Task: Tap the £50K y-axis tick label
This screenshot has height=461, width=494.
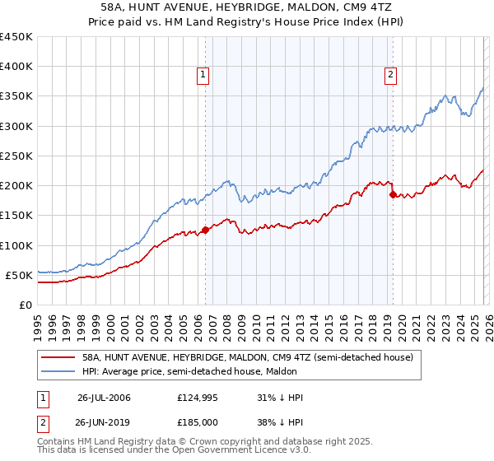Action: (x=19, y=275)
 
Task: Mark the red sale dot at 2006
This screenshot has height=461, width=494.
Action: (x=205, y=230)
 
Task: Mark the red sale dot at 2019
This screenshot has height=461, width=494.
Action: (x=393, y=194)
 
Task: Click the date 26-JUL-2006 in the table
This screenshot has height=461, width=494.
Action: (x=104, y=398)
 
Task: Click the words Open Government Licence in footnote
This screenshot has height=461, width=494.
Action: (x=226, y=451)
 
